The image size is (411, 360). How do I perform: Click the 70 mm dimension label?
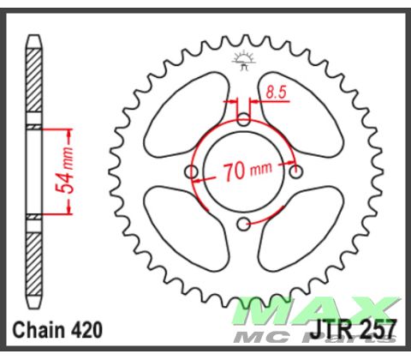(x=246, y=169)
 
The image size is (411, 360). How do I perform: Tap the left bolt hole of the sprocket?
(x=191, y=174)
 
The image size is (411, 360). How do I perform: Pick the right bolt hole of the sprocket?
(x=296, y=172)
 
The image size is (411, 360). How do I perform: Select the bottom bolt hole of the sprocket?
(x=244, y=225)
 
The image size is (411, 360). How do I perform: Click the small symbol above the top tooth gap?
(x=243, y=59)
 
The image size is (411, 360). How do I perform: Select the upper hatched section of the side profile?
(x=33, y=82)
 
